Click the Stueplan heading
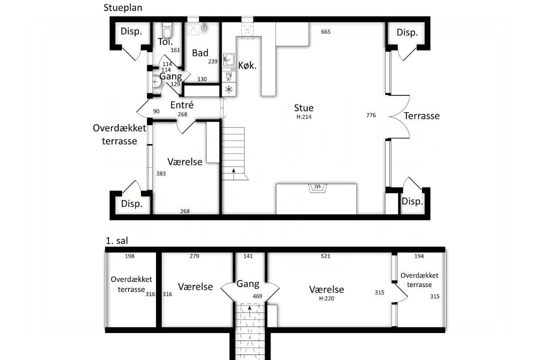(123, 8)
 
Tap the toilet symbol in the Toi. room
(167, 30)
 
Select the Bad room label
(200, 52)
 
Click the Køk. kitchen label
(247, 65)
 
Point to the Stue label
(304, 108)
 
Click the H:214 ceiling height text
(304, 117)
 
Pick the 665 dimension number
(325, 31)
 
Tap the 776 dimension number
(371, 115)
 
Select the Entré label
(182, 104)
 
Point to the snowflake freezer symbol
(228, 89)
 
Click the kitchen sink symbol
(228, 60)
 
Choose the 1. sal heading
(116, 240)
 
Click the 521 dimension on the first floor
(325, 256)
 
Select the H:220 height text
(326, 298)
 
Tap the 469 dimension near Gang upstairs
(257, 296)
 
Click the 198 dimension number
(129, 256)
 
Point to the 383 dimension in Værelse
(161, 173)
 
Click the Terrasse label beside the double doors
(421, 116)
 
